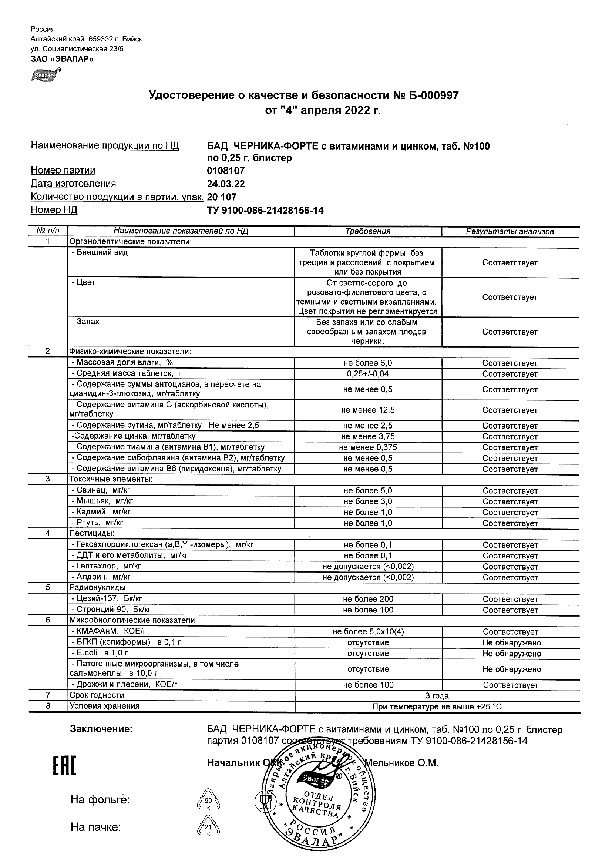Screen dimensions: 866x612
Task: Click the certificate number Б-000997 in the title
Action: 430,95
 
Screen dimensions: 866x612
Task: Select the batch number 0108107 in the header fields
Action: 226,171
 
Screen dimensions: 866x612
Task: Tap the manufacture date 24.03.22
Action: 226,184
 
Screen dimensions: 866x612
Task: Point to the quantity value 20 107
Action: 222,197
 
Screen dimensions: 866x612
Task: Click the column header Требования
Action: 368,231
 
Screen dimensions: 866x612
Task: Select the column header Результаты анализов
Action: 510,232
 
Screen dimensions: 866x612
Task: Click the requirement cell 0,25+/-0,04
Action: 368,374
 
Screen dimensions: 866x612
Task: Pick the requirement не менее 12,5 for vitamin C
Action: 368,410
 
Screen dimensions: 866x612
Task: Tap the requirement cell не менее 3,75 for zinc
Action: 368,437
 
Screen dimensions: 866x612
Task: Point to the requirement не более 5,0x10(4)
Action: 368,631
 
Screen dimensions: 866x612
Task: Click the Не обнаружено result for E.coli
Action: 511,654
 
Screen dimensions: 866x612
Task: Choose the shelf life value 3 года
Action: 437,695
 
